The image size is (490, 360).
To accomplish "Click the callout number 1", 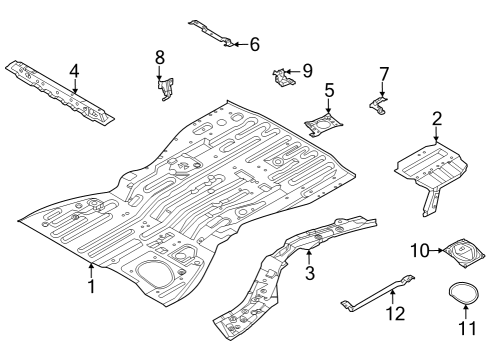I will pyautogui.click(x=91, y=287).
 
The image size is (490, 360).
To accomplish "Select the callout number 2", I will pyautogui.click(x=436, y=120).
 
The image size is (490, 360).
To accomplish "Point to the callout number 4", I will pyautogui.click(x=74, y=70).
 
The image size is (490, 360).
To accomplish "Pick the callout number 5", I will pyautogui.click(x=329, y=92).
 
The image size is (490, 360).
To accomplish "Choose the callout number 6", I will pyautogui.click(x=254, y=44).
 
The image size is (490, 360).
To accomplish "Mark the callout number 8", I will pyautogui.click(x=159, y=58).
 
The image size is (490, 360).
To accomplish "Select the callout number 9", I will pyautogui.click(x=307, y=70).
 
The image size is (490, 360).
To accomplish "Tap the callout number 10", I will pyautogui.click(x=420, y=249).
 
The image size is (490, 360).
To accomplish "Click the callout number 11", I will pyautogui.click(x=464, y=327).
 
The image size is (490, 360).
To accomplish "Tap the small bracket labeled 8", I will pyautogui.click(x=162, y=89).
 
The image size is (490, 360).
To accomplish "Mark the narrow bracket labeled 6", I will pyautogui.click(x=212, y=33).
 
